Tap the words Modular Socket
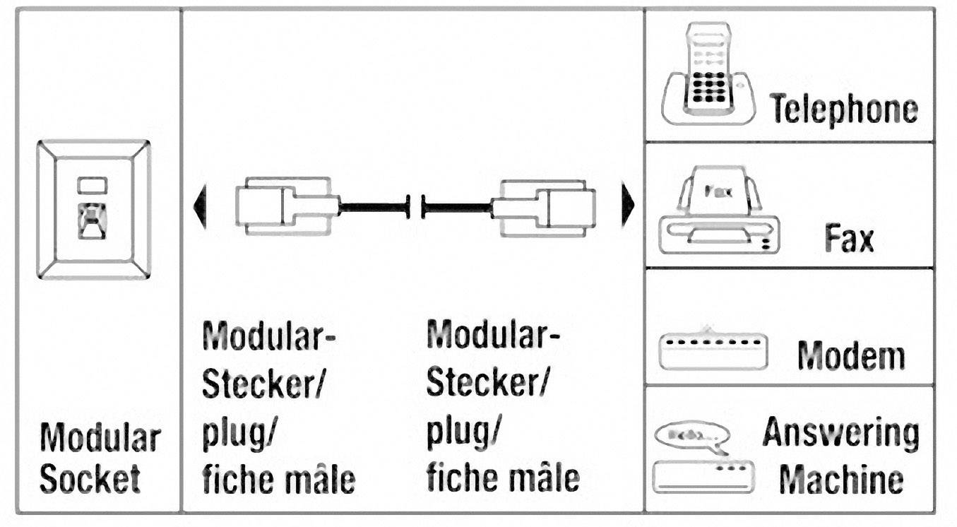point(100,458)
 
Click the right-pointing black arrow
point(626,207)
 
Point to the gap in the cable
point(415,208)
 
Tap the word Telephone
point(843,109)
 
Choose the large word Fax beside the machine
point(848,239)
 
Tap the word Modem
point(850,355)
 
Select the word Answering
point(840,434)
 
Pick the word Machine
point(840,480)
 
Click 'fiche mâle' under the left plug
point(278,480)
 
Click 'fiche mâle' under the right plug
point(503,478)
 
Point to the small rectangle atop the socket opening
point(93,185)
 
